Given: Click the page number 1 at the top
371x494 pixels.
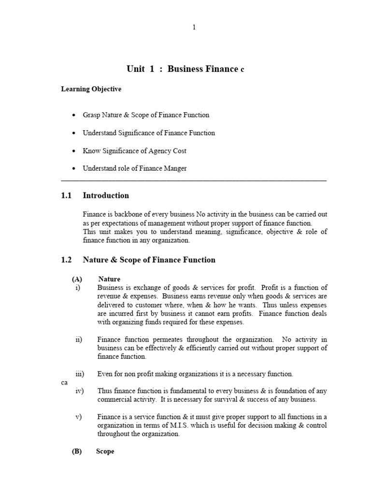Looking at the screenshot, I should (194, 27).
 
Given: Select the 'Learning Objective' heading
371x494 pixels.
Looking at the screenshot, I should (91, 89).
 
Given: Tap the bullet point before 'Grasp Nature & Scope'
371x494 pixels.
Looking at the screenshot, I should (73, 115).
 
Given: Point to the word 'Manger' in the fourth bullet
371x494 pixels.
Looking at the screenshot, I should (176, 168).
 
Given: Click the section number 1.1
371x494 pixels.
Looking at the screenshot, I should (66, 195).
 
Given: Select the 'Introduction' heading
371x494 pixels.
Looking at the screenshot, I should (106, 195).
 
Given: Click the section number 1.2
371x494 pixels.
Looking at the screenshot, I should (66, 260).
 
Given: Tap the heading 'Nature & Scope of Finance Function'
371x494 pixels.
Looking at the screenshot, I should (149, 260).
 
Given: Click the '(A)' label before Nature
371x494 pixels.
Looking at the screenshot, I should (77, 279).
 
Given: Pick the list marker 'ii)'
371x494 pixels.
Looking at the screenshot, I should (79, 340).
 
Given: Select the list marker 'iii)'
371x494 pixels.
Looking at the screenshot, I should (80, 374).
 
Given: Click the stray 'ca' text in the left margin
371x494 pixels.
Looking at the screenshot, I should (64, 382).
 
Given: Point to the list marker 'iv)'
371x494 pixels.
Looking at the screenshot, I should (79, 391).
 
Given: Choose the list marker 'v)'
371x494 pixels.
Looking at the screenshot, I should (78, 417).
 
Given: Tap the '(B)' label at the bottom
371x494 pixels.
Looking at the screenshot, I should (77, 452).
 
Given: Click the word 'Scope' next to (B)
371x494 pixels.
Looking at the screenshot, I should (105, 452).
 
